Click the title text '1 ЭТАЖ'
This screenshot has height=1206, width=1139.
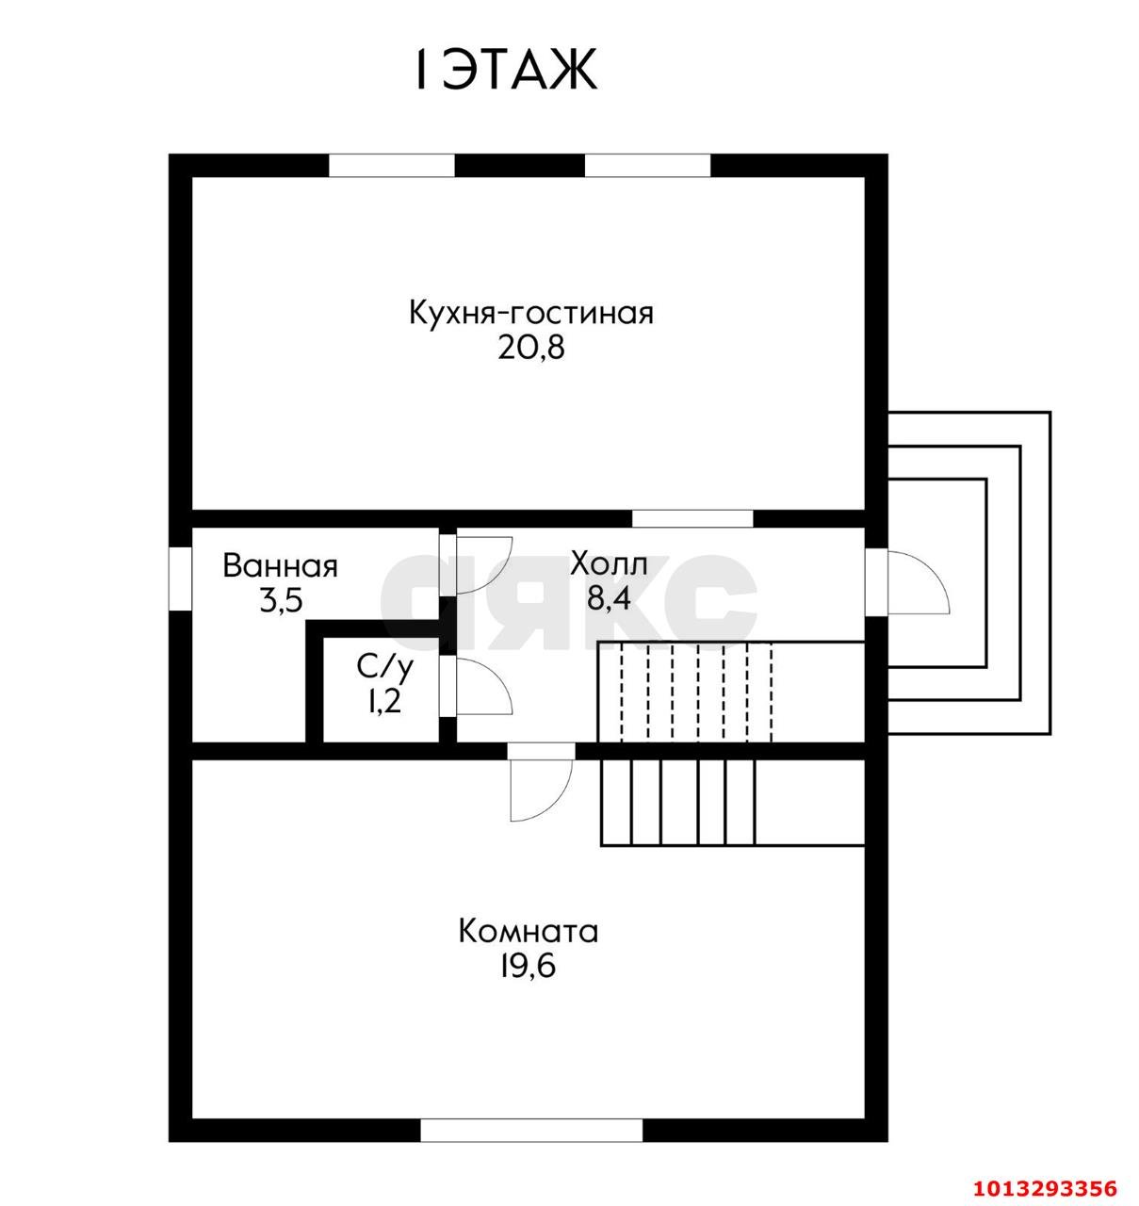pos(506,70)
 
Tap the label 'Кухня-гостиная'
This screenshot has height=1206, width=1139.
pos(530,313)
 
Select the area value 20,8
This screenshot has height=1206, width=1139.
pos(530,348)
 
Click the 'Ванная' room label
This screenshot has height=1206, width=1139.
pos(280,566)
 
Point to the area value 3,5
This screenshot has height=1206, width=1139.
pos(280,600)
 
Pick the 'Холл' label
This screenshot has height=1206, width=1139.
pos(609,565)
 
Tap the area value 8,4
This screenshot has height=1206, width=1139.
pos(609,599)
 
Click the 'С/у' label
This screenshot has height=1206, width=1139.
pos(384,667)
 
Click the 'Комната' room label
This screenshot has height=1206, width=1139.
pos(529,932)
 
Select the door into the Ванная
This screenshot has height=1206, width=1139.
pos(479,565)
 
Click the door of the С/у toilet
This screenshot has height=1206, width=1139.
pos(479,686)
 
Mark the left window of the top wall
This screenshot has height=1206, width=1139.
pos(391,166)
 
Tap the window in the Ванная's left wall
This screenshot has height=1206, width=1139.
pos(180,579)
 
